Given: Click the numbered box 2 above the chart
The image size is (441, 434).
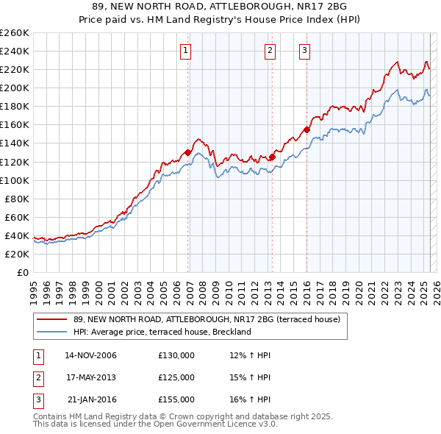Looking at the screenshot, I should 270,51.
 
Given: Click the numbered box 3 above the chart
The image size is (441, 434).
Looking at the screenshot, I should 304,51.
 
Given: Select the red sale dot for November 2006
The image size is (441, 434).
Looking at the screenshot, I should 188,152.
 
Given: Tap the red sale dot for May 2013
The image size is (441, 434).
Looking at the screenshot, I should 272,157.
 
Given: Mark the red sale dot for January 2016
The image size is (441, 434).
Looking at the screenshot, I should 306,129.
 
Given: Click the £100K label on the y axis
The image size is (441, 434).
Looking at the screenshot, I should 15,180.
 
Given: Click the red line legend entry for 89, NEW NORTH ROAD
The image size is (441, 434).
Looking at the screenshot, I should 207,320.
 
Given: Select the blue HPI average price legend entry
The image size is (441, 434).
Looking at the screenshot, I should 162,332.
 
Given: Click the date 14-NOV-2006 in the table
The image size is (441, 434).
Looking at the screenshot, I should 91,355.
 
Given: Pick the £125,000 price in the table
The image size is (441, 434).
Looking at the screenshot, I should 176,377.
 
